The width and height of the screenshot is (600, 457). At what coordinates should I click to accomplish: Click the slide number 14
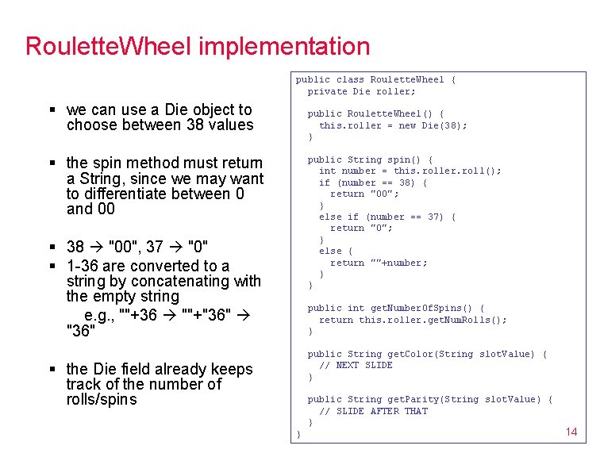coord(571,432)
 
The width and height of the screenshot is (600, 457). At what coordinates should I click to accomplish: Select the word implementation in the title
coord(284,46)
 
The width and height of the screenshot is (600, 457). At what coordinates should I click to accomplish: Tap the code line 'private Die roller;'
coord(361,91)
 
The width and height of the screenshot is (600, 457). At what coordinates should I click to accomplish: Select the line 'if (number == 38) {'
coord(373,182)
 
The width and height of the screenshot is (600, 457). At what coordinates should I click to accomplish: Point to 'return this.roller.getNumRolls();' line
coord(413,320)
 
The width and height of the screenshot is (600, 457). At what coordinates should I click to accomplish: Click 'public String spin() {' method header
coord(370,159)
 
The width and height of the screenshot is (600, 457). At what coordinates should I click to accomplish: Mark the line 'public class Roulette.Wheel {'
coord(375,79)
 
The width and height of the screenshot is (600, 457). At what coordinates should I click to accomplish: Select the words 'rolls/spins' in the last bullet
coord(102,399)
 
